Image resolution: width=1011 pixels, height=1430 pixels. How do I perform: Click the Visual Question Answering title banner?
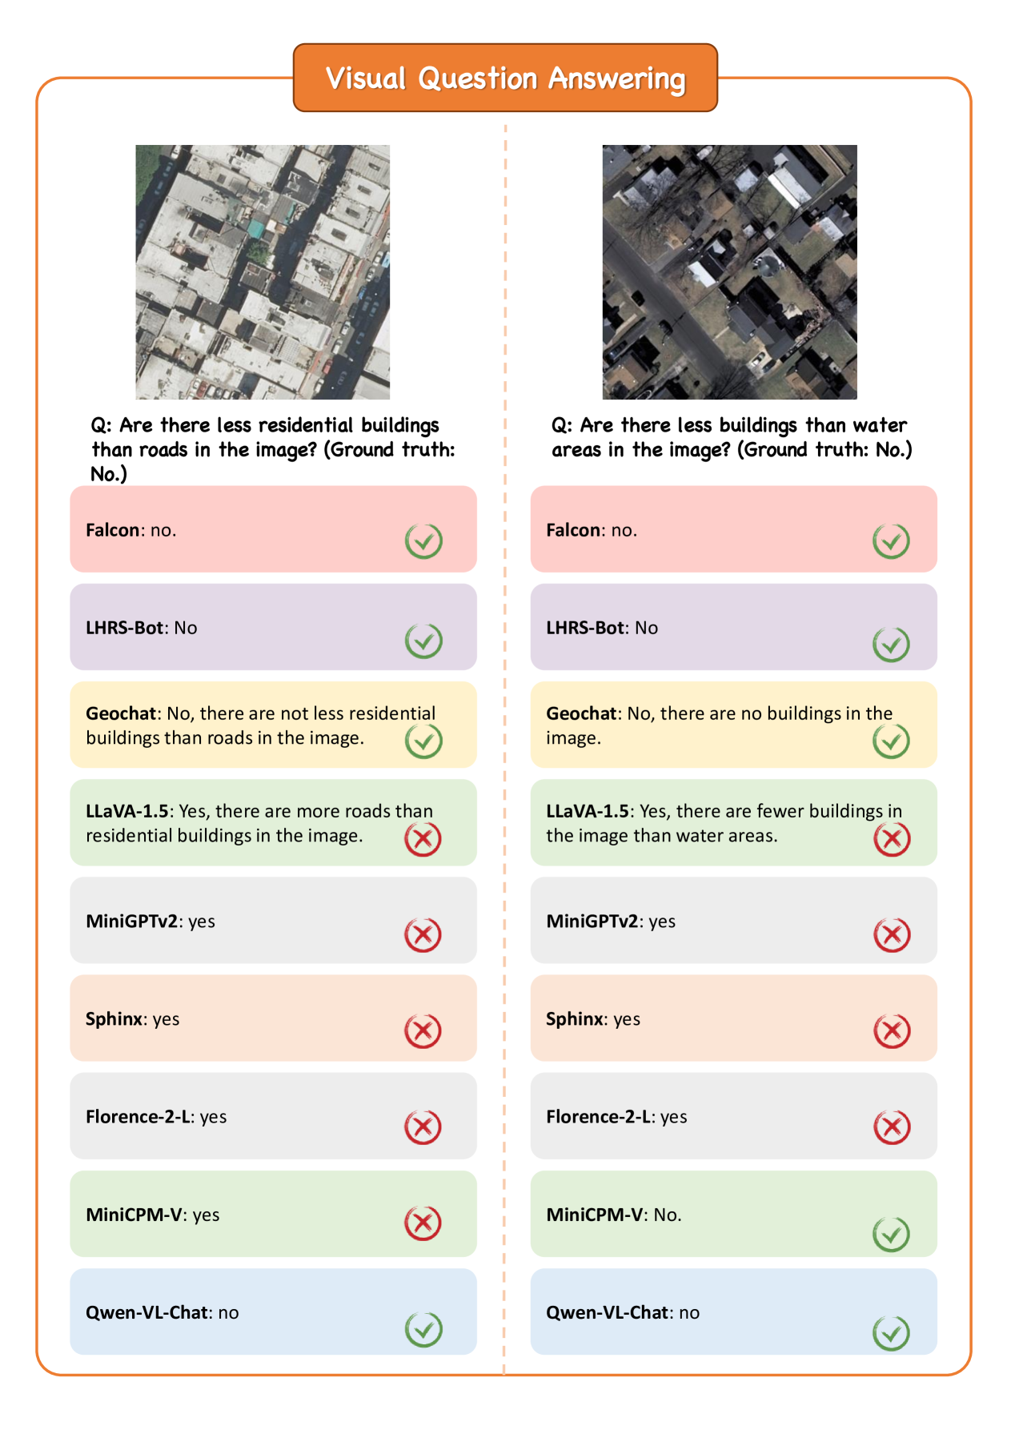(x=505, y=78)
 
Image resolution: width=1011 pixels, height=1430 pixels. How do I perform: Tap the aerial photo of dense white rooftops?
(x=263, y=272)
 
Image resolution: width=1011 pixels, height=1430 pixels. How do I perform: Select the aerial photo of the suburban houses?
(x=729, y=272)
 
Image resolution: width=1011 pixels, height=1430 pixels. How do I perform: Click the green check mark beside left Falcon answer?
(x=423, y=541)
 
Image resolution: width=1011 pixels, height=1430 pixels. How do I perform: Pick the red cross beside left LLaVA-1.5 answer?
(x=423, y=838)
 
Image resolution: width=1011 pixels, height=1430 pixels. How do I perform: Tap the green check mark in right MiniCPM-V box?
(x=891, y=1234)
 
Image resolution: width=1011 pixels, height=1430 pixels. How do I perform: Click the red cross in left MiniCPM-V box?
(x=423, y=1223)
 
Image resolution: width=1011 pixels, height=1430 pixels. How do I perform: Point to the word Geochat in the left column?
(x=121, y=713)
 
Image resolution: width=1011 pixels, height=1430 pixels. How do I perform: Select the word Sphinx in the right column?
(x=575, y=1019)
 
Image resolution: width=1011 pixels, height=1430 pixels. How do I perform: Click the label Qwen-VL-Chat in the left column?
(x=147, y=1312)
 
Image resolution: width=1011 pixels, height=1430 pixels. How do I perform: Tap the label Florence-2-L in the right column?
(x=599, y=1117)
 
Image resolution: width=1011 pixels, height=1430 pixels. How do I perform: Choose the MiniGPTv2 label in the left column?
(x=131, y=922)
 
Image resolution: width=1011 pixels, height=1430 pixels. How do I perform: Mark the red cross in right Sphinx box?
(x=892, y=1030)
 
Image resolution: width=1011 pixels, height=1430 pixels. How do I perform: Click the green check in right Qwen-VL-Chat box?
(x=891, y=1333)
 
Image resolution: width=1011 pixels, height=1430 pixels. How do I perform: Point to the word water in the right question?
(x=880, y=425)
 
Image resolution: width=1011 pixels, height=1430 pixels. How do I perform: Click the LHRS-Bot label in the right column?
(x=585, y=628)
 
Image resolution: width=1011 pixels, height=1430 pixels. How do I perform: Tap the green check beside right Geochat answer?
(x=891, y=741)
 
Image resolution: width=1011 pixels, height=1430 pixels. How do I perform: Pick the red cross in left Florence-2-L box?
(x=423, y=1127)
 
